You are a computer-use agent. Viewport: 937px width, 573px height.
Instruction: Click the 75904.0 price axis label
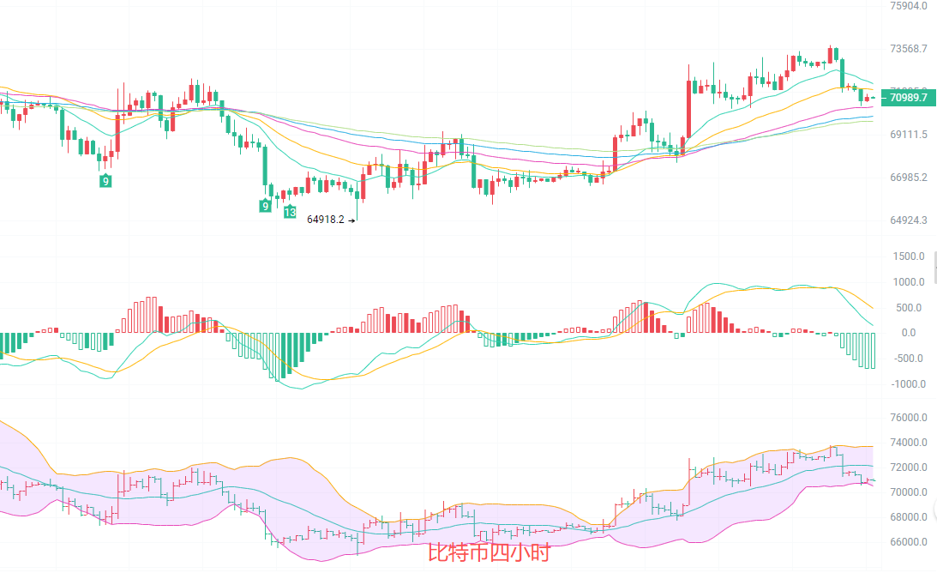pos(909,6)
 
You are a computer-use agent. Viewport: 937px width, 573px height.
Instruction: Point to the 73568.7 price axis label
pos(909,49)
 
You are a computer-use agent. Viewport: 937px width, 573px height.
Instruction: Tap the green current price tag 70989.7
pos(909,99)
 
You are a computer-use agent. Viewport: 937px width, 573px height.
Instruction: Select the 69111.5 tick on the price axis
pos(909,136)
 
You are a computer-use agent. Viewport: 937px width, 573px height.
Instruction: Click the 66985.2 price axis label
pos(909,178)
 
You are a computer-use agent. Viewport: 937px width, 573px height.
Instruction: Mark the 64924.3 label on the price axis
pos(909,220)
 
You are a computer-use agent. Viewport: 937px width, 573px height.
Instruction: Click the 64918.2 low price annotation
pos(326,220)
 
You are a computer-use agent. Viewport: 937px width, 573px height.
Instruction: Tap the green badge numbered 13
pos(291,212)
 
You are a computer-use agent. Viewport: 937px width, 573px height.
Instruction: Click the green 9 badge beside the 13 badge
pos(266,206)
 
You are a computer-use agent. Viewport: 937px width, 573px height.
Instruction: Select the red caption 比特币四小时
pos(488,552)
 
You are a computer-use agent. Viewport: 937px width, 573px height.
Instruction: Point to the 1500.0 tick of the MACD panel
pos(909,256)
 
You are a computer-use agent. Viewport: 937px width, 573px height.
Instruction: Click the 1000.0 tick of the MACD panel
pos(909,282)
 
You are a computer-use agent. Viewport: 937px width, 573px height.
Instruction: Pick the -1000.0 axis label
pos(907,384)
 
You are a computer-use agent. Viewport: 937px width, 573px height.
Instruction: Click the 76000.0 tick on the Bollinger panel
pos(910,419)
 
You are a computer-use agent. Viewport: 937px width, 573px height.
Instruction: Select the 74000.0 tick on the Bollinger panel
pos(910,443)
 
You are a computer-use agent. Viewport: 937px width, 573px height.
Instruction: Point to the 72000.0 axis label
pos(910,468)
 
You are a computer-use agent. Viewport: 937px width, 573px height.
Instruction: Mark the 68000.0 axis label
pos(910,517)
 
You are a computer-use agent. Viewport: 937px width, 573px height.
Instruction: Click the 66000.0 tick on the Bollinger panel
pos(910,542)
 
